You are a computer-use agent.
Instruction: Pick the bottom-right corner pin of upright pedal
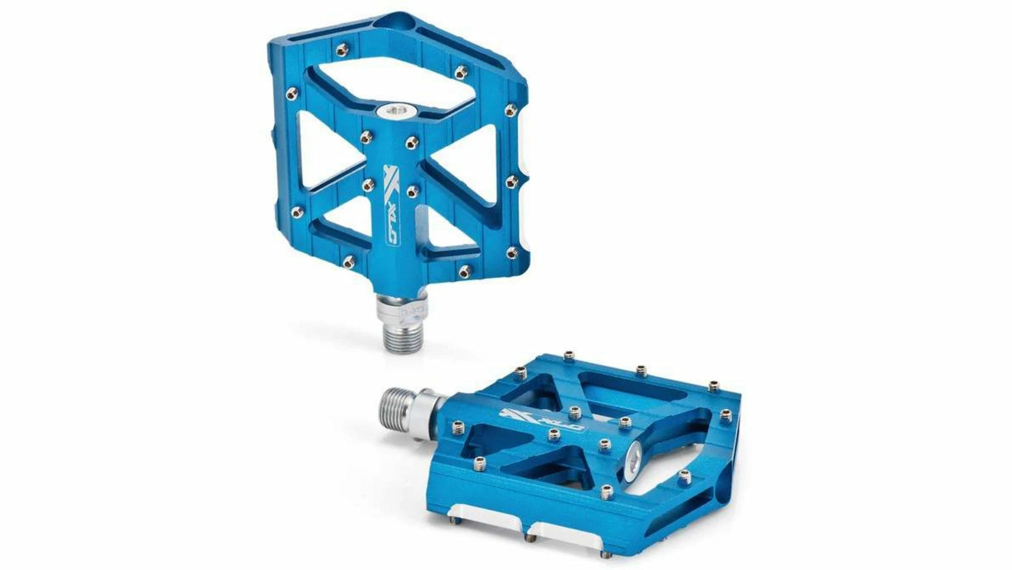511,253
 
